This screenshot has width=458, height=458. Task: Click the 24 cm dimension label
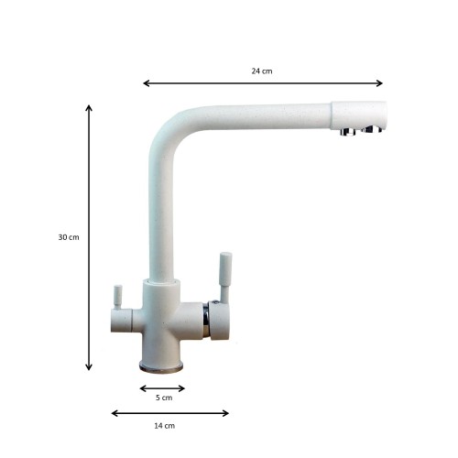point(262,71)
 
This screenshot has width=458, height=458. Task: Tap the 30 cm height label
point(69,237)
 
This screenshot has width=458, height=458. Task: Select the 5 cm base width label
point(164,398)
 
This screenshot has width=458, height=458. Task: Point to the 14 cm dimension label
point(165,426)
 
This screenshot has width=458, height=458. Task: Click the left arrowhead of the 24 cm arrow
point(146,83)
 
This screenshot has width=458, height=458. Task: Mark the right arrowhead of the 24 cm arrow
point(379,83)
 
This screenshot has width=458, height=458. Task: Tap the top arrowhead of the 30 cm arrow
point(89,108)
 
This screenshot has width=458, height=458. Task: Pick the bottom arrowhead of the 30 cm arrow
point(89,367)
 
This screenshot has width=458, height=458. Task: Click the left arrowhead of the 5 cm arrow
point(143,388)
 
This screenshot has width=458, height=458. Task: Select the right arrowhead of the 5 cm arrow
point(181,388)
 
